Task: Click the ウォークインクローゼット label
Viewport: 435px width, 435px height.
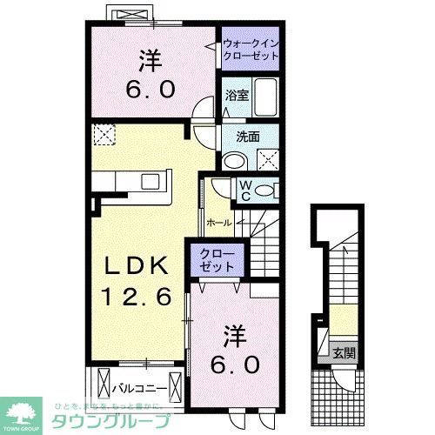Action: pos(251,48)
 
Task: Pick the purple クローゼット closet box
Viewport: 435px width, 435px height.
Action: pos(217,258)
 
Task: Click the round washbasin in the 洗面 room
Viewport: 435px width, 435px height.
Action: pos(232,160)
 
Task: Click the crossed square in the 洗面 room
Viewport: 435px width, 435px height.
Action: pos(266,158)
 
